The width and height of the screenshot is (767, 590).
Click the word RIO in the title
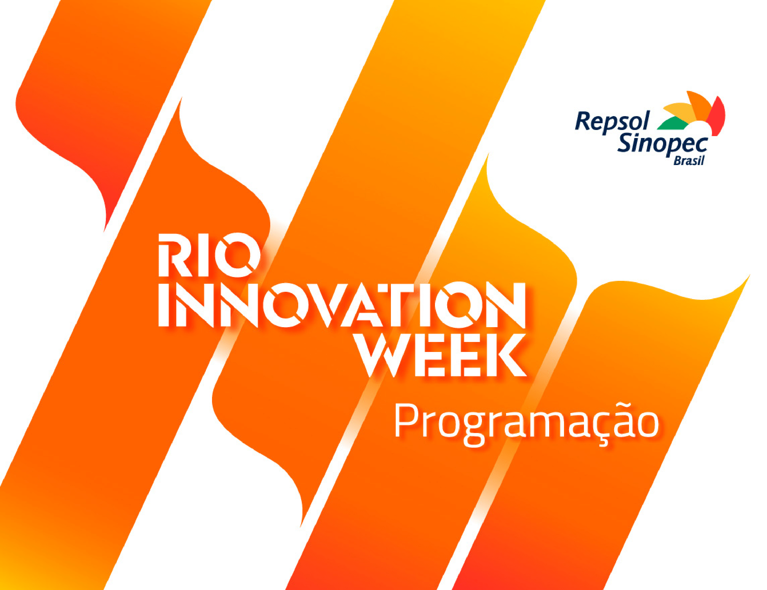click(x=210, y=255)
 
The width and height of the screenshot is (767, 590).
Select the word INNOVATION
click(x=342, y=304)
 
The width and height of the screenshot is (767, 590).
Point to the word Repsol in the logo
click(x=612, y=122)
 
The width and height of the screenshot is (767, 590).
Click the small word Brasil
click(x=689, y=161)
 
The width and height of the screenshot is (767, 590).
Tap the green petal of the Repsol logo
click(x=672, y=123)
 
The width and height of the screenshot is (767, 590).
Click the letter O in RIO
click(x=238, y=255)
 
